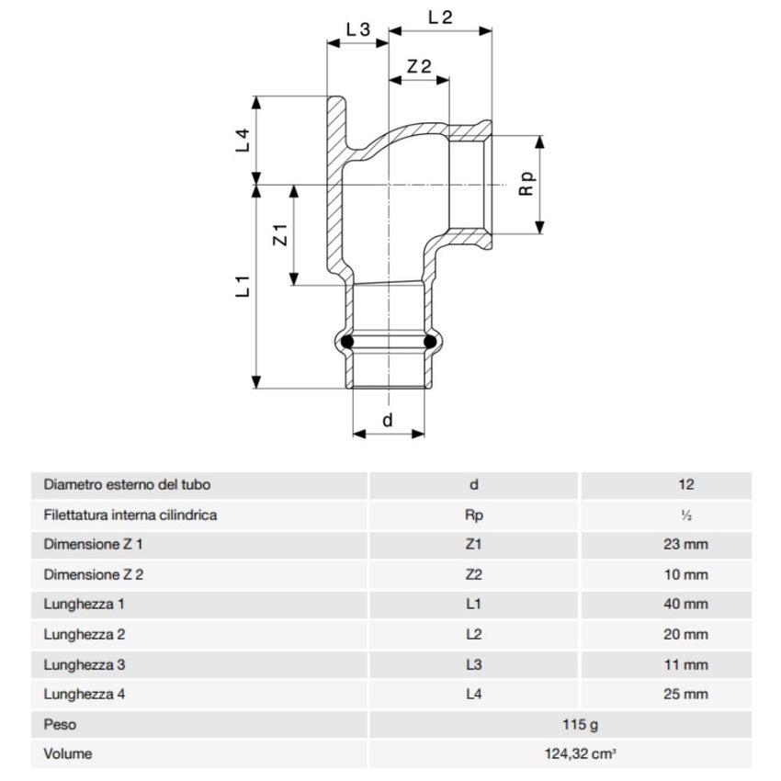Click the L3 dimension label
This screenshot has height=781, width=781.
(357, 29)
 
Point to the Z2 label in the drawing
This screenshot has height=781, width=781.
(419, 65)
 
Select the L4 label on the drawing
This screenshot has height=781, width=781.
(243, 141)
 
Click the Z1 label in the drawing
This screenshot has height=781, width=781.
(281, 235)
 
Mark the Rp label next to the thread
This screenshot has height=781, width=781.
(526, 183)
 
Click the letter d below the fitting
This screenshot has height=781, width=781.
(388, 420)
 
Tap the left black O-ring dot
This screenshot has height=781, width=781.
(347, 344)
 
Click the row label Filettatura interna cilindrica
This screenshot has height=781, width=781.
(130, 515)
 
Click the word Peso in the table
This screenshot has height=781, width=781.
(60, 725)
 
